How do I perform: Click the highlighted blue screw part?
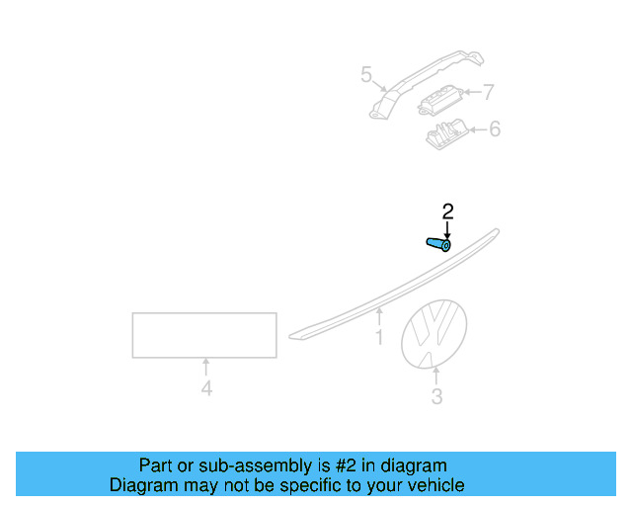tap(439, 244)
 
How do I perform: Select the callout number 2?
tap(447, 211)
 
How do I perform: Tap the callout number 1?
tap(379, 338)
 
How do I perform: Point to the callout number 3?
tap(436, 397)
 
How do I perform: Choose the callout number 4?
tap(205, 389)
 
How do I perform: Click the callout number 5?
tap(366, 74)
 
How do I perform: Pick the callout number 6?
tap(495, 128)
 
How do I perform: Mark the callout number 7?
tap(487, 93)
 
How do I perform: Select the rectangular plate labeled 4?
tap(204, 334)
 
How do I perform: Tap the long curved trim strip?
tap(395, 288)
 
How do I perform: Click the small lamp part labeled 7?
tap(439, 98)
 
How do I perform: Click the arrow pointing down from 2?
tap(447, 228)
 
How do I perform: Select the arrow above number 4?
tap(205, 366)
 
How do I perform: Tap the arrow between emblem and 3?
tap(435, 376)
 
